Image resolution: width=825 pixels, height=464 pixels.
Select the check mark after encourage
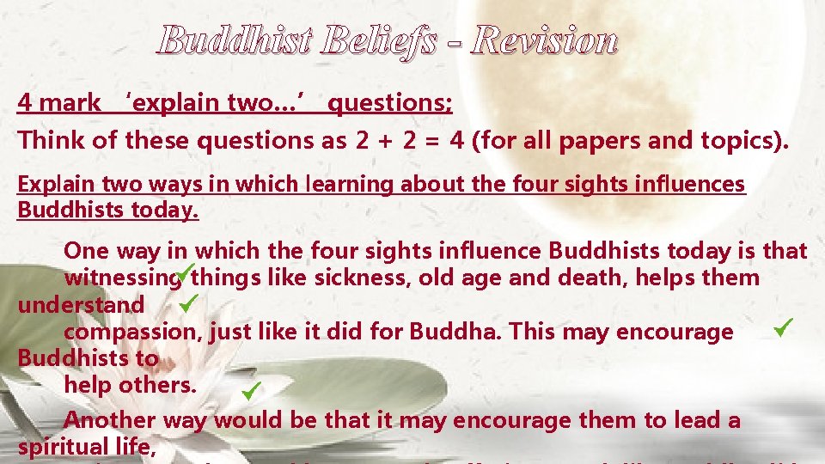[781, 327]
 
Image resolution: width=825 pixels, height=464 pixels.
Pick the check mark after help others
[251, 393]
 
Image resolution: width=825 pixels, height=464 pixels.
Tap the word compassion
[133, 332]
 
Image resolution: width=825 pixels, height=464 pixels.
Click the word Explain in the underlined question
[50, 184]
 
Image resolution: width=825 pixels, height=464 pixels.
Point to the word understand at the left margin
[81, 305]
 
